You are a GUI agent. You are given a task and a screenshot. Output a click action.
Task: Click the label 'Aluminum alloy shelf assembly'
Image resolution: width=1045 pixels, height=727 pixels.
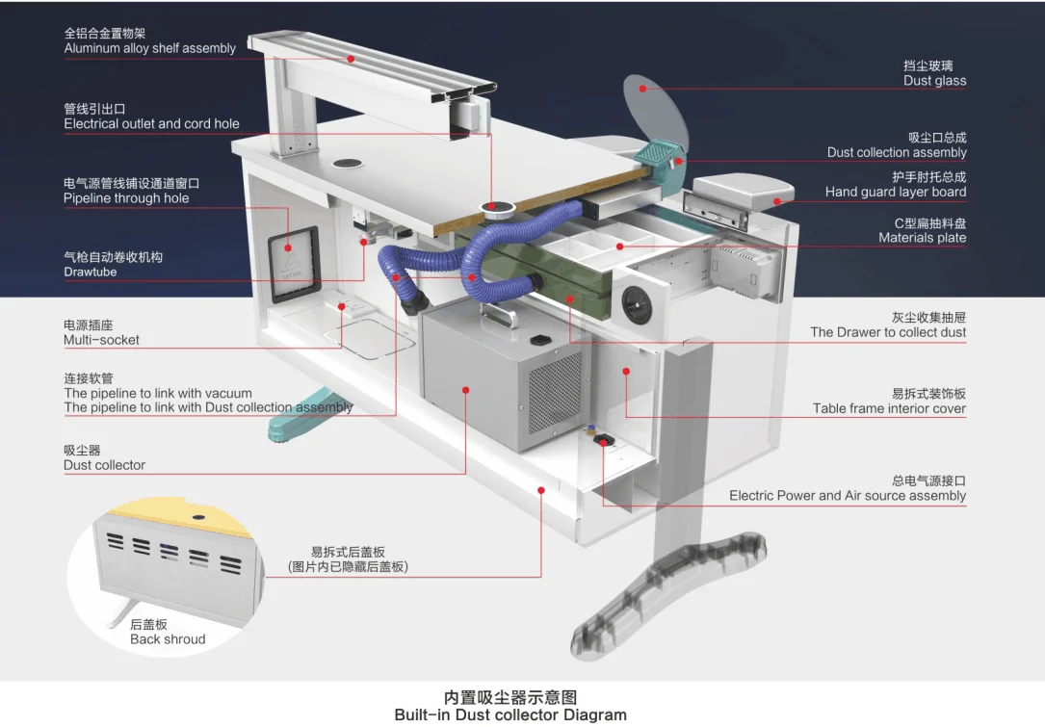[x=149, y=48]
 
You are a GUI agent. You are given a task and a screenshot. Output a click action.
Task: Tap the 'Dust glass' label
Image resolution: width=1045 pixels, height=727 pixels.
[x=934, y=81]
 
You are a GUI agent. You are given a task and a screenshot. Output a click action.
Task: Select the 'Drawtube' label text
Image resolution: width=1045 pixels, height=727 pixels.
[x=91, y=272]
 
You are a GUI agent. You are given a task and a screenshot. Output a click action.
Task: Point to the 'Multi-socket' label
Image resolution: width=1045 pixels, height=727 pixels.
[x=101, y=340]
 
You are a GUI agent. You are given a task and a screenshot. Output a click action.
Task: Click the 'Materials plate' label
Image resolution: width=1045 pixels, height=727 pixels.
[x=922, y=238]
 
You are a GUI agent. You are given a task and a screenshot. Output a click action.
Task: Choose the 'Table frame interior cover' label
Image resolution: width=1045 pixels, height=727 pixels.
[x=888, y=408]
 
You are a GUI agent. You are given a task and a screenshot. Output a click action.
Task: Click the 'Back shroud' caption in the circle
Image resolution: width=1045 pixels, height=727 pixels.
[x=168, y=639]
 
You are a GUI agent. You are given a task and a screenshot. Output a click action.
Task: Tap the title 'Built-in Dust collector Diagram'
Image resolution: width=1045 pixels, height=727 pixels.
[x=510, y=714]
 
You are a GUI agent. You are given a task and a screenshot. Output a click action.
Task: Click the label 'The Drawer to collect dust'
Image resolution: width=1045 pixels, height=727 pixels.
[x=888, y=332]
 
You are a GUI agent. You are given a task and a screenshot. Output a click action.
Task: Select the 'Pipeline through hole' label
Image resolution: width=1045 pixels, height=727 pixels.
[x=126, y=198]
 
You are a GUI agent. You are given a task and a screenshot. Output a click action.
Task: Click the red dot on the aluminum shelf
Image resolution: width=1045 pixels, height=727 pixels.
[x=352, y=59]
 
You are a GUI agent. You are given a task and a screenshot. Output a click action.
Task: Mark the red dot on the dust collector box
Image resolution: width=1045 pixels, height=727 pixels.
[x=466, y=390]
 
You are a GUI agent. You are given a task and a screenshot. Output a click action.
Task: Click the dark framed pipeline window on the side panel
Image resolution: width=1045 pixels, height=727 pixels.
[x=292, y=264]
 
